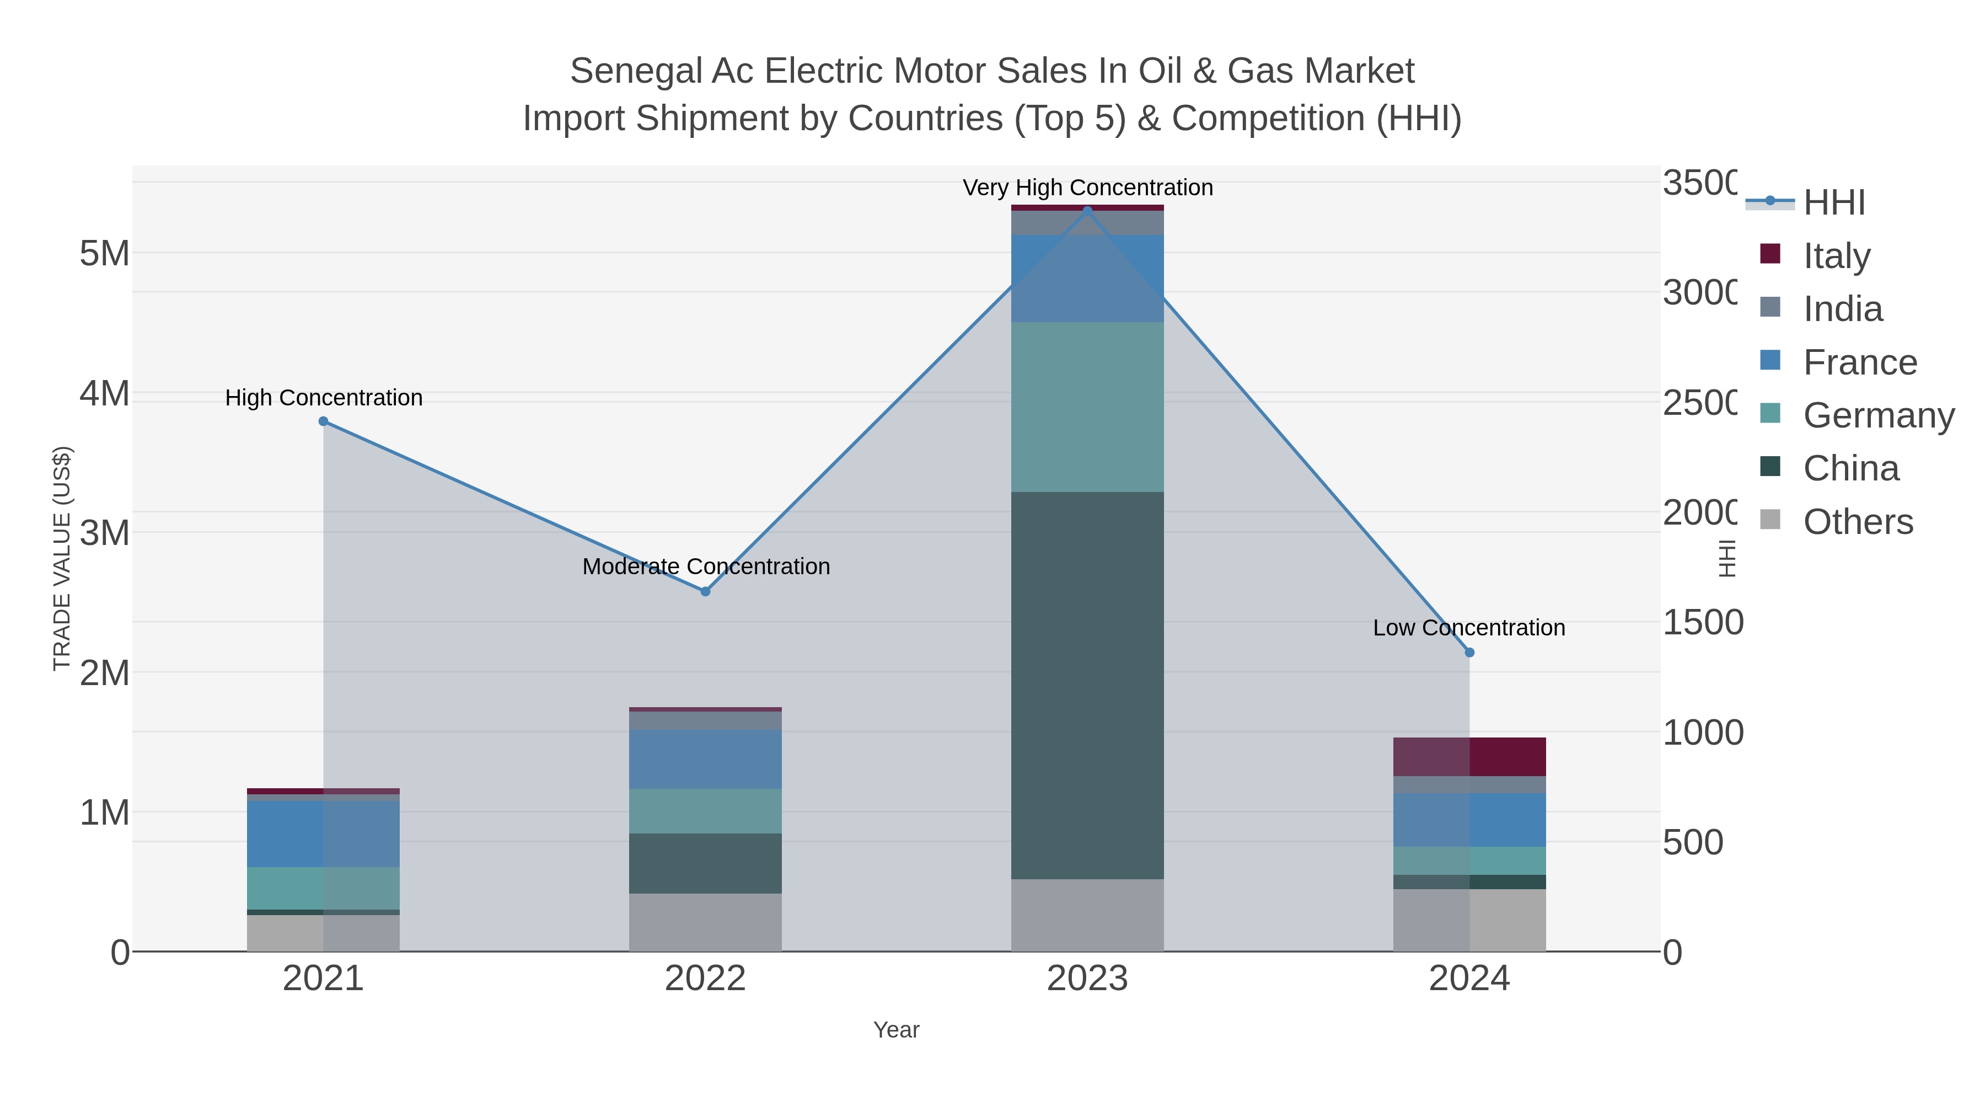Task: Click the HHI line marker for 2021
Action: [324, 421]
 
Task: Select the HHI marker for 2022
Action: [705, 591]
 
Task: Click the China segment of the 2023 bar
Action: [1087, 686]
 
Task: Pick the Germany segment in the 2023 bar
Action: [1087, 407]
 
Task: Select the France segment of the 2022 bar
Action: [705, 760]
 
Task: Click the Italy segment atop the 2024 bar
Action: [1469, 757]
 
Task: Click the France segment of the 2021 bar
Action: [324, 834]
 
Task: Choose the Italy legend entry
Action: [1836, 256]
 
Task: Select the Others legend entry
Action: [1857, 522]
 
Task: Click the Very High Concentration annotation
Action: [1087, 188]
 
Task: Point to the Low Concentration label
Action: [1469, 628]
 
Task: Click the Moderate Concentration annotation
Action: [706, 566]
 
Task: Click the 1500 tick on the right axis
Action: [1702, 623]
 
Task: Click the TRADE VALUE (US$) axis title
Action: [62, 558]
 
